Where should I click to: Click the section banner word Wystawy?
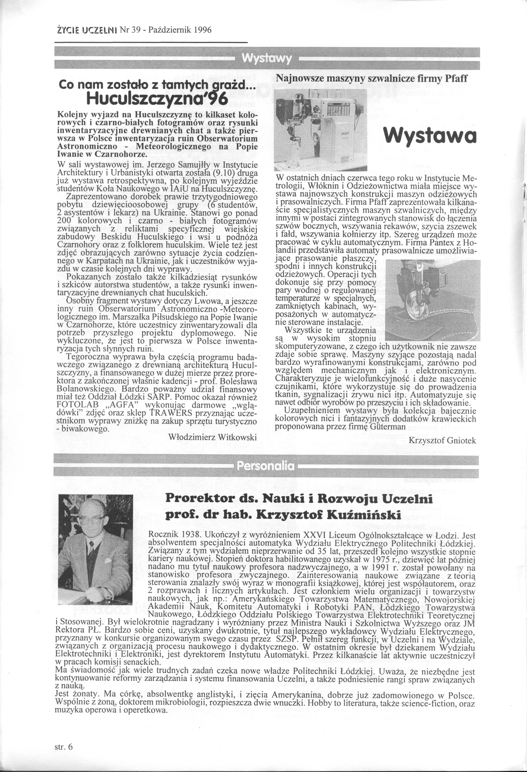[x=267, y=59]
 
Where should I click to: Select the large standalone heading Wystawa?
[x=430, y=135]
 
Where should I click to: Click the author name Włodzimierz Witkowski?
[x=213, y=437]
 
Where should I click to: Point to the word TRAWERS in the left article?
[x=169, y=413]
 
